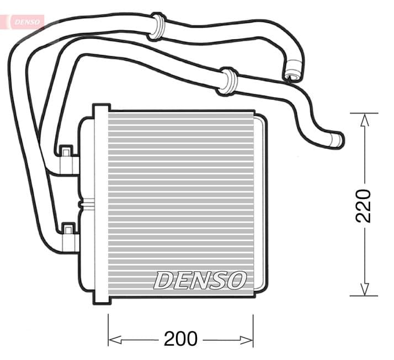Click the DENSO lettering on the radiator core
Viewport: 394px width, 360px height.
(x=199, y=280)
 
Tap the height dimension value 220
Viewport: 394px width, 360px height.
(x=364, y=206)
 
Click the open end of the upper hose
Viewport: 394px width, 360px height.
(x=293, y=74)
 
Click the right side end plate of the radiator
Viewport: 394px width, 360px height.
(x=262, y=204)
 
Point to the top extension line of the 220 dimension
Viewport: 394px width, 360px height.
(x=364, y=113)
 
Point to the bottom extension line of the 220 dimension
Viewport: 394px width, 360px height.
(x=364, y=296)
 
